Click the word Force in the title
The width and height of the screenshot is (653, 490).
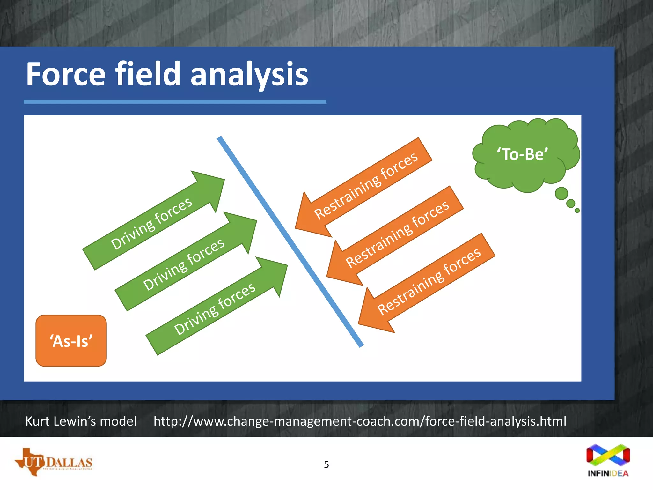[x=65, y=74]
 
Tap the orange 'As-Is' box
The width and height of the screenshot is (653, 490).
[x=71, y=341]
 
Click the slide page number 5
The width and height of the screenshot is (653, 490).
[x=326, y=464]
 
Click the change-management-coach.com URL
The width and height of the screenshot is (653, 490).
[x=360, y=421]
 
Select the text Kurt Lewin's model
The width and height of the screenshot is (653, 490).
[x=81, y=421]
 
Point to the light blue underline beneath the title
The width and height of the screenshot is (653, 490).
[x=175, y=102]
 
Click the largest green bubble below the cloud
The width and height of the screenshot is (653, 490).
[x=561, y=193]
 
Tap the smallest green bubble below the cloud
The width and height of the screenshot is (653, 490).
[x=577, y=211]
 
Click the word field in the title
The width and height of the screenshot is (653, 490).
[x=148, y=74]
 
